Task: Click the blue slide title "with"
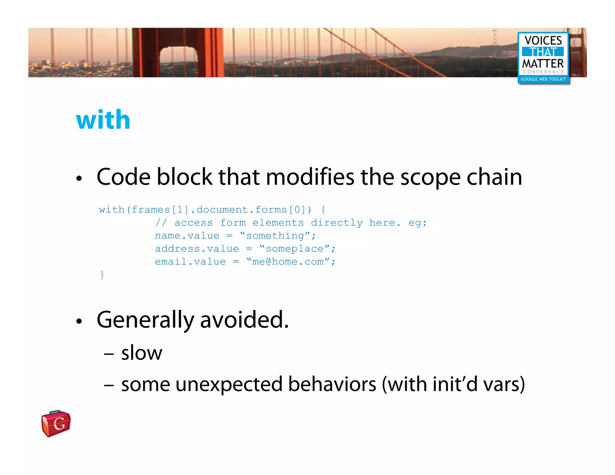click(103, 120)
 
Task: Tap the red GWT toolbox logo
click(56, 423)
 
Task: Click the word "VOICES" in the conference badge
click(543, 41)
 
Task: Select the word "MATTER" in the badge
click(543, 64)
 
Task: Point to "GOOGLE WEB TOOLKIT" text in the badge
click(543, 79)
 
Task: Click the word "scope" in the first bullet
click(430, 177)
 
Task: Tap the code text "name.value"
click(187, 236)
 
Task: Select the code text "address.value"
click(197, 249)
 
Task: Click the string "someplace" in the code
click(295, 249)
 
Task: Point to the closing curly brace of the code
click(102, 275)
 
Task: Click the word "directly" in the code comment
click(337, 223)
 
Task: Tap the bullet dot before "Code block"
click(79, 179)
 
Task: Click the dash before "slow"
click(109, 354)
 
